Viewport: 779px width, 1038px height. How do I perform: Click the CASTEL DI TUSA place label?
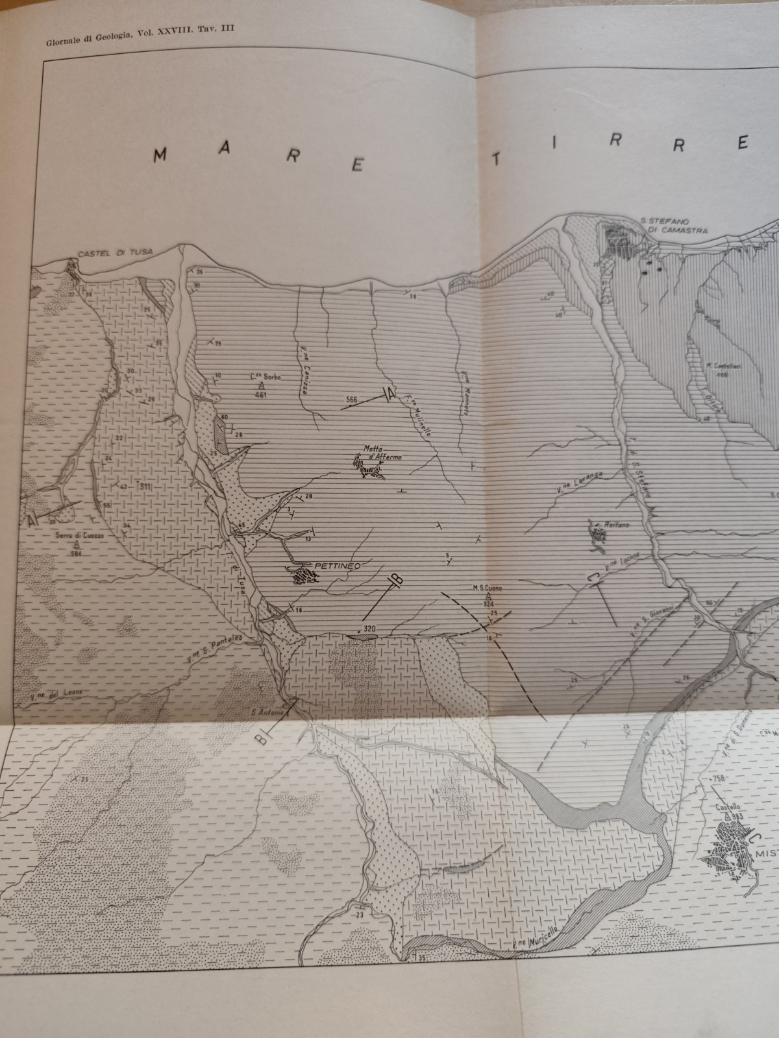pyautogui.click(x=111, y=254)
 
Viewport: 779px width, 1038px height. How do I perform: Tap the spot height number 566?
pyautogui.click(x=352, y=400)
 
